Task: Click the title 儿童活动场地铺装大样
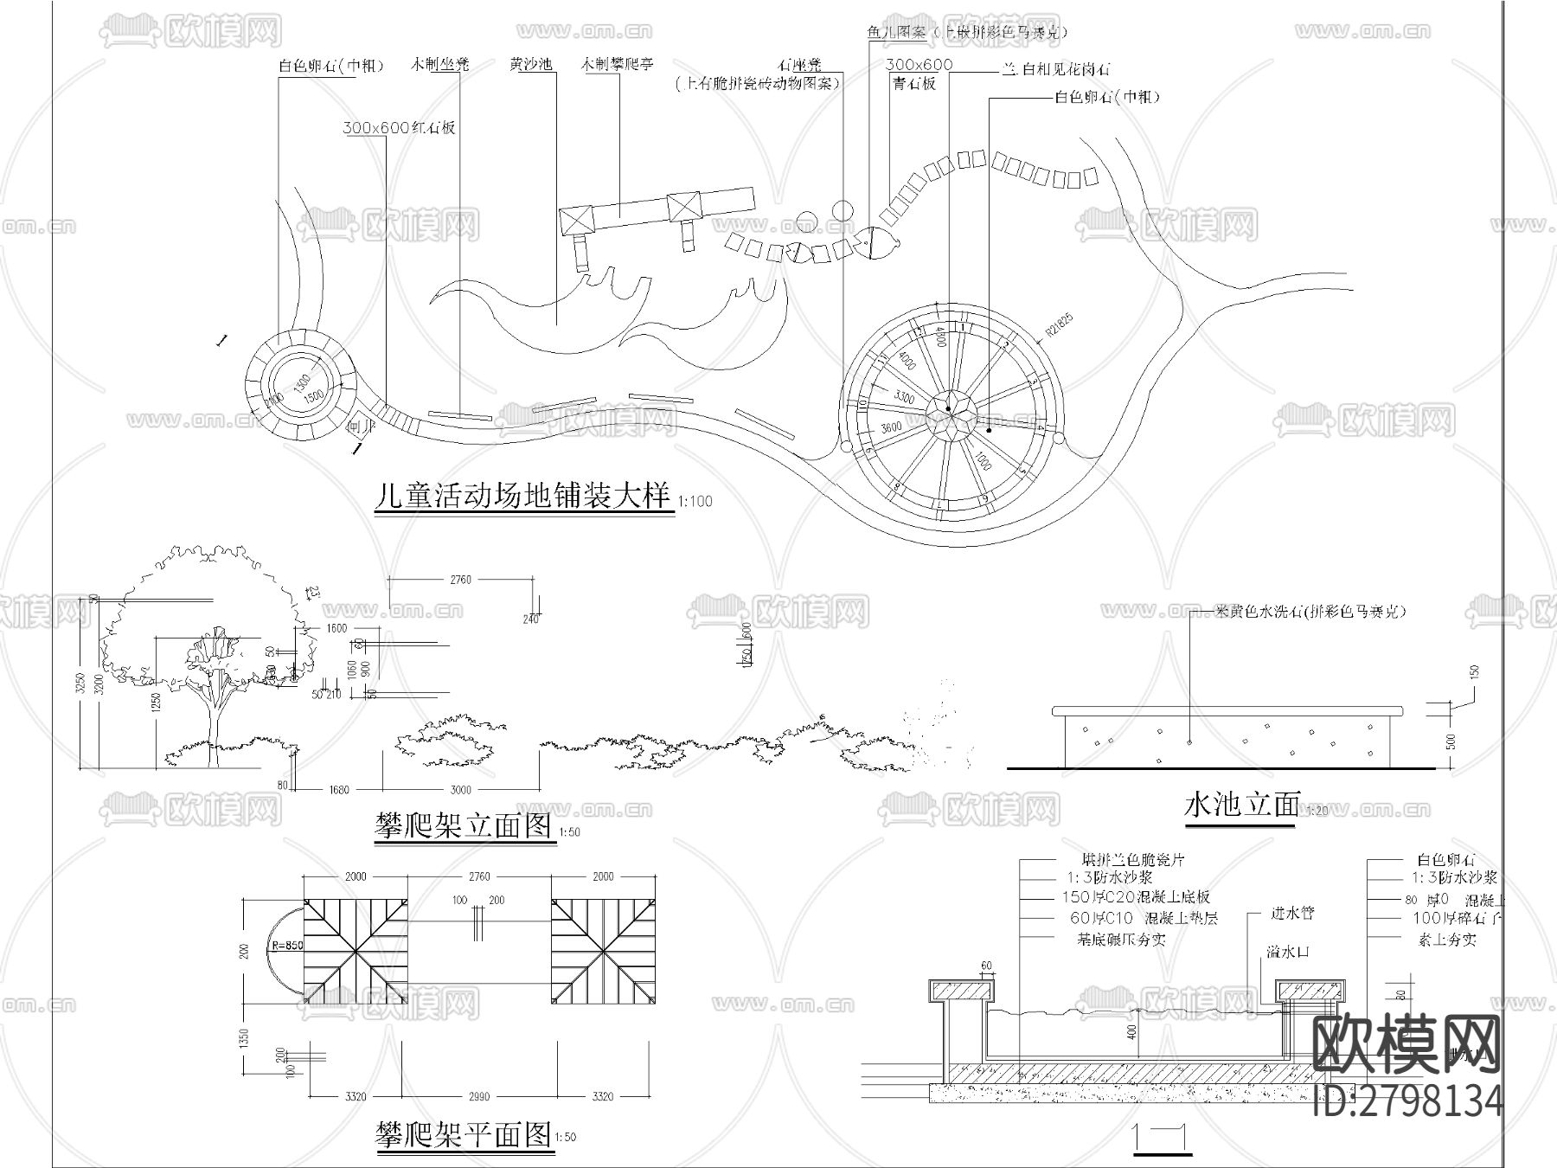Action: (523, 497)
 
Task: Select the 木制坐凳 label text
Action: (440, 65)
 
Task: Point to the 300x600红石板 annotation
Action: (399, 128)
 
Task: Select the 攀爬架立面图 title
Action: (463, 826)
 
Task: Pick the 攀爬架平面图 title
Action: (464, 1133)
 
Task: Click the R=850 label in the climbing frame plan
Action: (287, 946)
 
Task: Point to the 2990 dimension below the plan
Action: (478, 1096)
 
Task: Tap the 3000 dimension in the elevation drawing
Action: (461, 789)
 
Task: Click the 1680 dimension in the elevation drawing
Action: (339, 789)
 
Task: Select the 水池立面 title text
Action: (1241, 805)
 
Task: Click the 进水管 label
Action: (1292, 913)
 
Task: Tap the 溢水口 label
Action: (1288, 952)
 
